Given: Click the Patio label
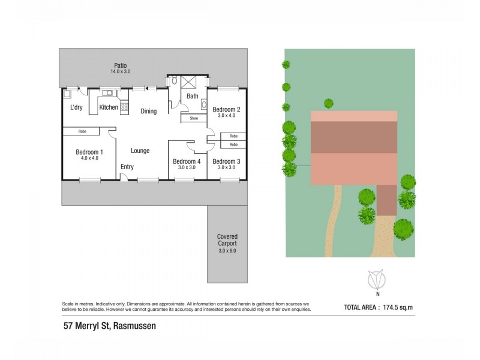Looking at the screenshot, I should click(120, 65).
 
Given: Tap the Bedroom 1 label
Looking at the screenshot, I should click(89, 152).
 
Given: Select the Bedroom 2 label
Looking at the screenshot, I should click(227, 109).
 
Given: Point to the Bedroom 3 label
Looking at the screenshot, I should click(227, 161).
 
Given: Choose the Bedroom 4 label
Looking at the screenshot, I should click(187, 161).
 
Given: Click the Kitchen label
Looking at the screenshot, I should click(109, 107).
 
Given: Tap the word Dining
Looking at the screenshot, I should click(148, 111).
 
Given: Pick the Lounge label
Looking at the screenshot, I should click(140, 151).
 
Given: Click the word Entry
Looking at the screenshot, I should click(127, 167).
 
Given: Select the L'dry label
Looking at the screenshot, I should click(76, 107).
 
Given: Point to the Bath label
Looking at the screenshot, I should click(192, 96).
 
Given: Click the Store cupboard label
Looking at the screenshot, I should click(194, 118).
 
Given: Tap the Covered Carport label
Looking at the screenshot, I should click(227, 239).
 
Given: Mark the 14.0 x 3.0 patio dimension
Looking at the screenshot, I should click(120, 71).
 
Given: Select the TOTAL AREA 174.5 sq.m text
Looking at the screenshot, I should click(379, 307).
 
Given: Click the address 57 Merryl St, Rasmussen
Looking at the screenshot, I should click(110, 327).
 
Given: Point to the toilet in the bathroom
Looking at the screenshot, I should click(174, 80).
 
